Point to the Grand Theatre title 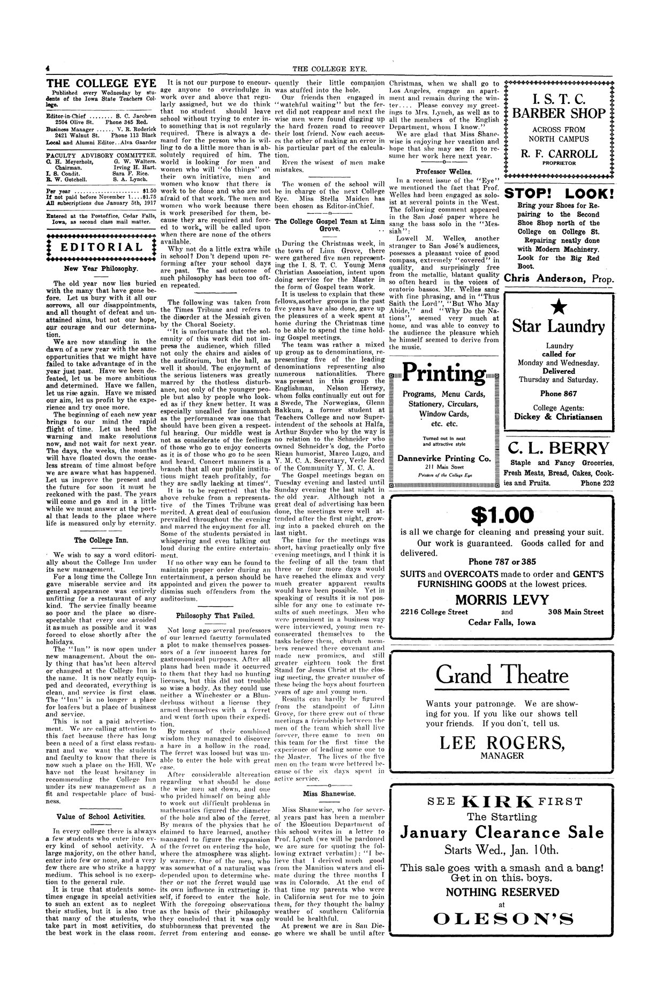coord(502,675)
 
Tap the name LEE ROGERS coord(502,742)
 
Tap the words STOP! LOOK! coord(559,194)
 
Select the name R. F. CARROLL coord(559,154)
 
